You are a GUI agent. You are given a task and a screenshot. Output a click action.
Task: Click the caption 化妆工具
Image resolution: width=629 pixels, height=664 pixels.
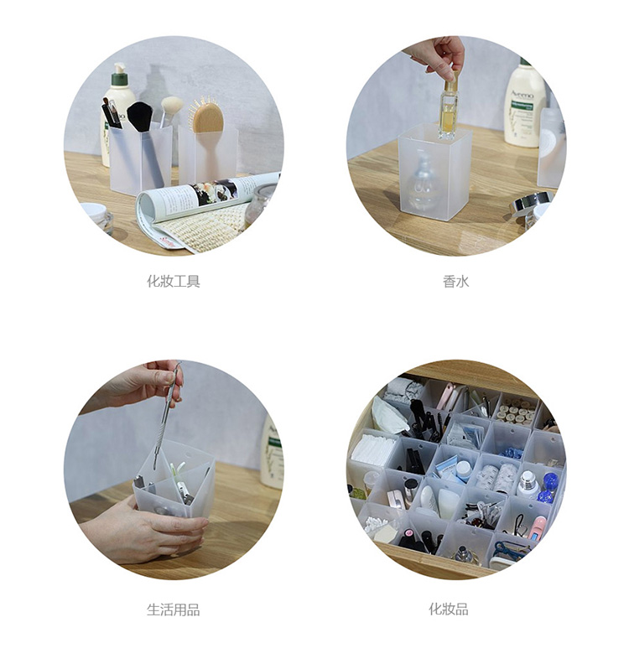(x=174, y=281)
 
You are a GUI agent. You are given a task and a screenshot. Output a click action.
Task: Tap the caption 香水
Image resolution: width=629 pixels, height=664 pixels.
(x=455, y=281)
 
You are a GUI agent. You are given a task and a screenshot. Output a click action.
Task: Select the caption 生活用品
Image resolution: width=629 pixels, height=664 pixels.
(x=174, y=610)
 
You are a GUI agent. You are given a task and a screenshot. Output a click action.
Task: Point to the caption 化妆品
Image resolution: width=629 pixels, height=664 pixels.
(x=449, y=610)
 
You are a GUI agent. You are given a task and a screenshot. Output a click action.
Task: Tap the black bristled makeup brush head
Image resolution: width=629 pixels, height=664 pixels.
(x=140, y=117)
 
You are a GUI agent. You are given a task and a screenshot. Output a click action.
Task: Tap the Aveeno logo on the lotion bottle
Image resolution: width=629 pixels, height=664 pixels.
(x=522, y=95)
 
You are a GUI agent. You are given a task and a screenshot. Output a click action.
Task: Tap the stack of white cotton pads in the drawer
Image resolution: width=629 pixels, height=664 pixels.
(x=373, y=449)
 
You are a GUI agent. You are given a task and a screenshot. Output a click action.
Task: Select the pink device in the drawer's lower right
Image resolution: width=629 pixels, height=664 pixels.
(x=538, y=528)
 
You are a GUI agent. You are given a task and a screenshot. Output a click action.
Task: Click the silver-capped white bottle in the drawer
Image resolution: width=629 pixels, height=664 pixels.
(x=528, y=484)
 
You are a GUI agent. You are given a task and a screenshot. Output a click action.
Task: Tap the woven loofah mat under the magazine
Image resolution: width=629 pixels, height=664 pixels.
(x=203, y=227)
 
